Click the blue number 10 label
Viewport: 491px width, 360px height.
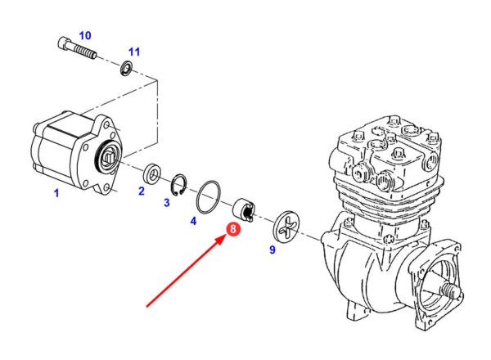[x=85, y=35]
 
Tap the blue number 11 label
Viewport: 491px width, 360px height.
[x=134, y=52]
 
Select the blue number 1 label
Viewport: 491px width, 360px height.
[x=56, y=193]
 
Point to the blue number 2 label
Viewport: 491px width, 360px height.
[x=141, y=191]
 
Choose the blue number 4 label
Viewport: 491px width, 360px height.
[x=193, y=220]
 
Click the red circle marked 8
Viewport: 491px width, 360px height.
[x=234, y=231]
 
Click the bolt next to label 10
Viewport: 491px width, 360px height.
[x=77, y=48]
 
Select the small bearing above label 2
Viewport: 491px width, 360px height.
[x=151, y=173]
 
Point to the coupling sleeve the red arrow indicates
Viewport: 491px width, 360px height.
[x=245, y=209]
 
